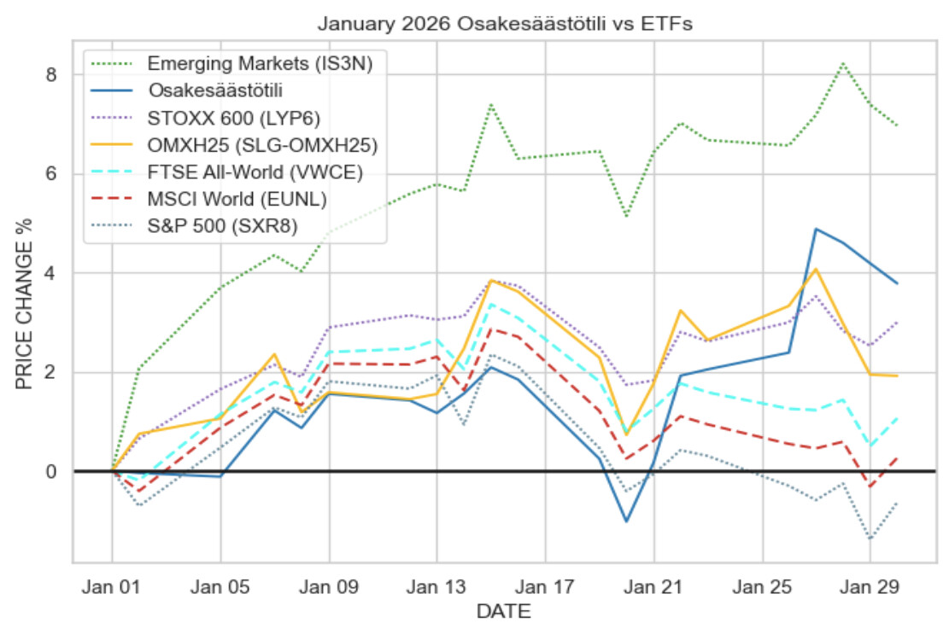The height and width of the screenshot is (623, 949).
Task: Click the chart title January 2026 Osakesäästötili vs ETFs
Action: tap(504, 24)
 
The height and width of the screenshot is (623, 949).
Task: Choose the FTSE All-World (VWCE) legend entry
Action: tap(255, 172)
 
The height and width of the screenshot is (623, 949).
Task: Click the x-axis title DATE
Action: tap(504, 611)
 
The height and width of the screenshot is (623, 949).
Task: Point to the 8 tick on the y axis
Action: tap(51, 75)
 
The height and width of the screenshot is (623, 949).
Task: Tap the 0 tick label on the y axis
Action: tap(51, 471)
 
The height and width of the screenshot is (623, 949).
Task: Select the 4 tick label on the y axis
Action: tap(51, 273)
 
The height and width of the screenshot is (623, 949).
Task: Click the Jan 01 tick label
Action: tap(112, 587)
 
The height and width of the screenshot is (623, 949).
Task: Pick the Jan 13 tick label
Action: tap(436, 587)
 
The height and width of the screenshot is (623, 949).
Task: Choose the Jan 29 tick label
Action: tap(870, 587)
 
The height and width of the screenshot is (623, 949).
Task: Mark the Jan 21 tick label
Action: tap(653, 587)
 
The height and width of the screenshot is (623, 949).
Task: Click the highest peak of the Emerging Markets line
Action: tap(843, 63)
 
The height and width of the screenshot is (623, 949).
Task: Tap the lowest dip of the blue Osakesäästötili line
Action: tap(626, 521)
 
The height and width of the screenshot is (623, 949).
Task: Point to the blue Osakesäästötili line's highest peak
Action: tap(816, 229)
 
